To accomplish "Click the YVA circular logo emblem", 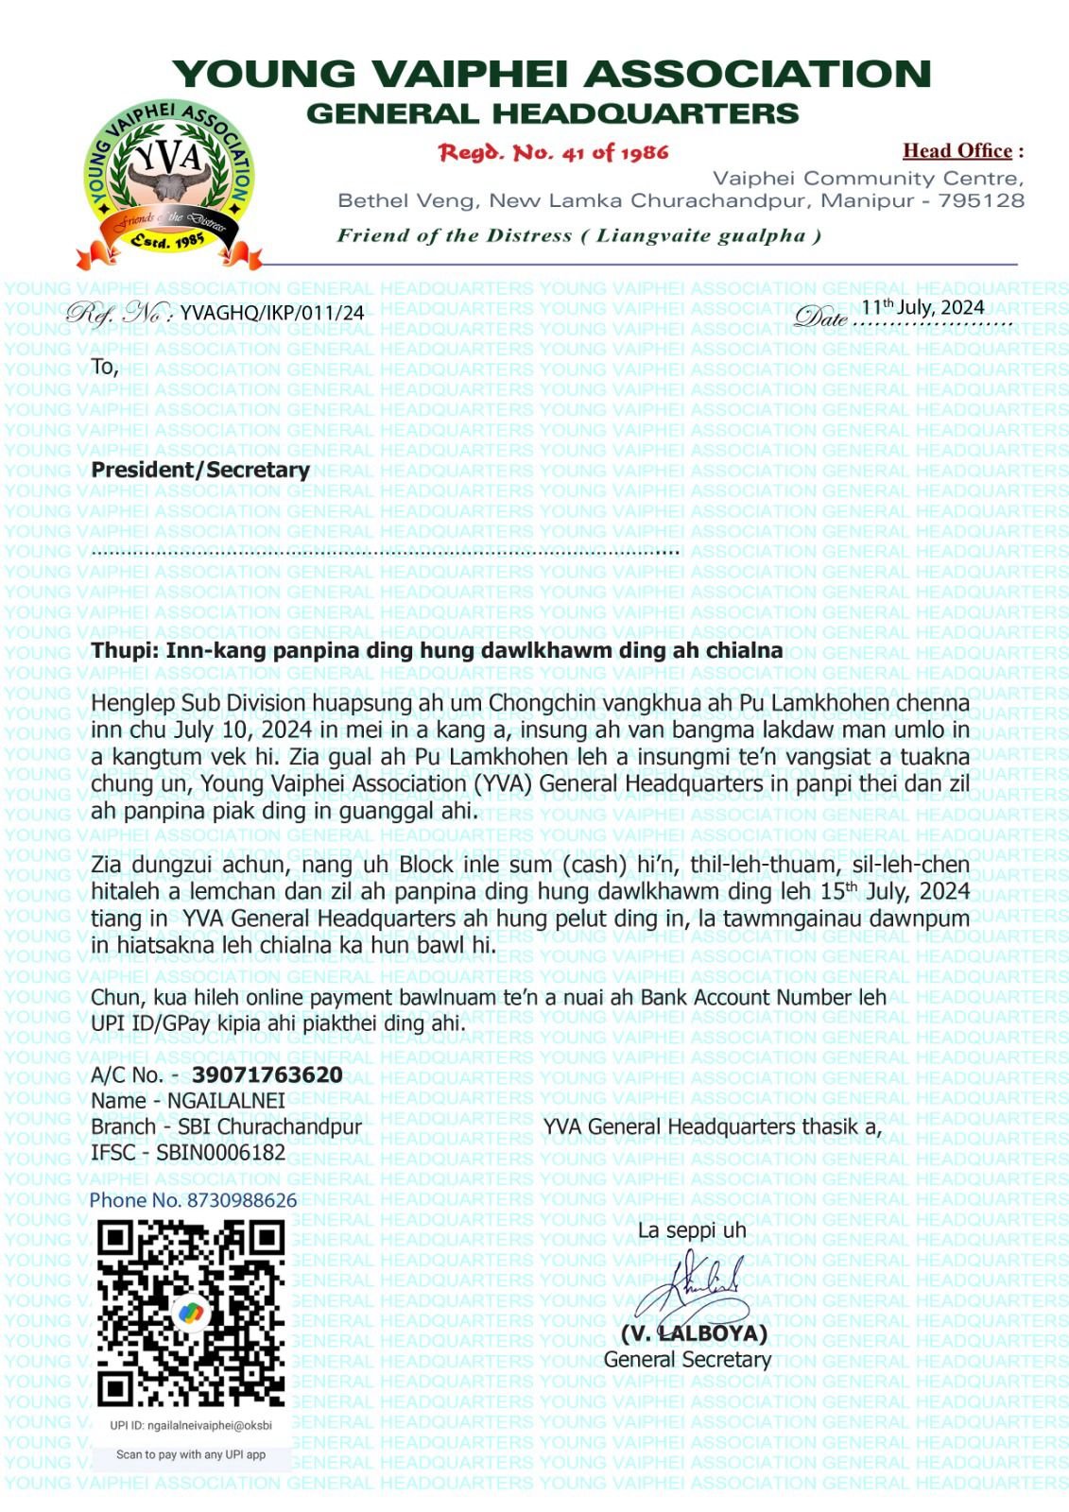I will (169, 180).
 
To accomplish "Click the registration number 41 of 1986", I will (554, 152).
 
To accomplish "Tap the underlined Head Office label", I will (957, 150).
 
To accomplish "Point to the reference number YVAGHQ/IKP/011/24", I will (271, 313).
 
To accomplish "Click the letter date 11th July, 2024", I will (922, 307).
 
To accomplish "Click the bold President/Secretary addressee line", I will (200, 470).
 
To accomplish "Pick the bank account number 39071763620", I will (267, 1074).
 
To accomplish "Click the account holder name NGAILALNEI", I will (226, 1101).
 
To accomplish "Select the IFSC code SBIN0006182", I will (220, 1153).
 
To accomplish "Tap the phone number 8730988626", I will (242, 1200).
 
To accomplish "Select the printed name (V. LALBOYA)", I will (694, 1333).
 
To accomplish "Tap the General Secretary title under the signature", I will (687, 1360).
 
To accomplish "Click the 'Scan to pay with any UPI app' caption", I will (191, 1454).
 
